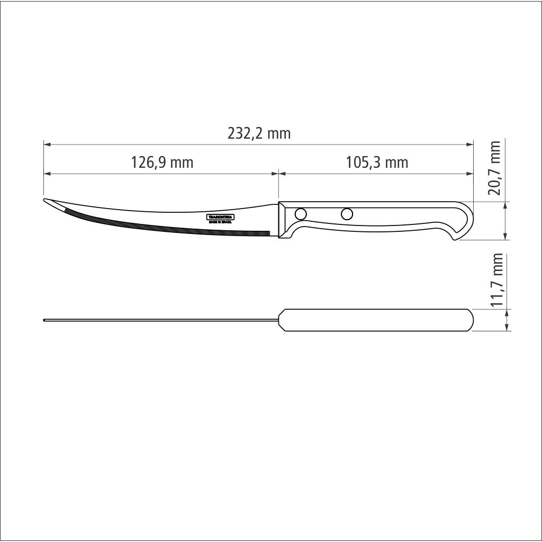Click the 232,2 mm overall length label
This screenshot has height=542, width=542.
coord(259,133)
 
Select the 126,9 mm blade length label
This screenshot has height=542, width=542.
coord(162,162)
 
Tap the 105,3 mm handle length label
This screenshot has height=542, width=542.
coord(377,162)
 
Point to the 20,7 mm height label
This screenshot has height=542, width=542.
coord(495,168)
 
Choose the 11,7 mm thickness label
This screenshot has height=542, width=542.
coord(496,281)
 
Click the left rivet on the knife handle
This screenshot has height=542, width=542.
coord(301,214)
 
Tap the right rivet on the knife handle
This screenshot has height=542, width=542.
coord(347,214)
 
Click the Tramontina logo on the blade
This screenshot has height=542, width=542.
coord(220,217)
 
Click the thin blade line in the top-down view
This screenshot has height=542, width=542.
coord(159,320)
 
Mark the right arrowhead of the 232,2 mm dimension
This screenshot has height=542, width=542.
coord(469,144)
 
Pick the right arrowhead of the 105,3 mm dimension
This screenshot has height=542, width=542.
coord(469,173)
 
